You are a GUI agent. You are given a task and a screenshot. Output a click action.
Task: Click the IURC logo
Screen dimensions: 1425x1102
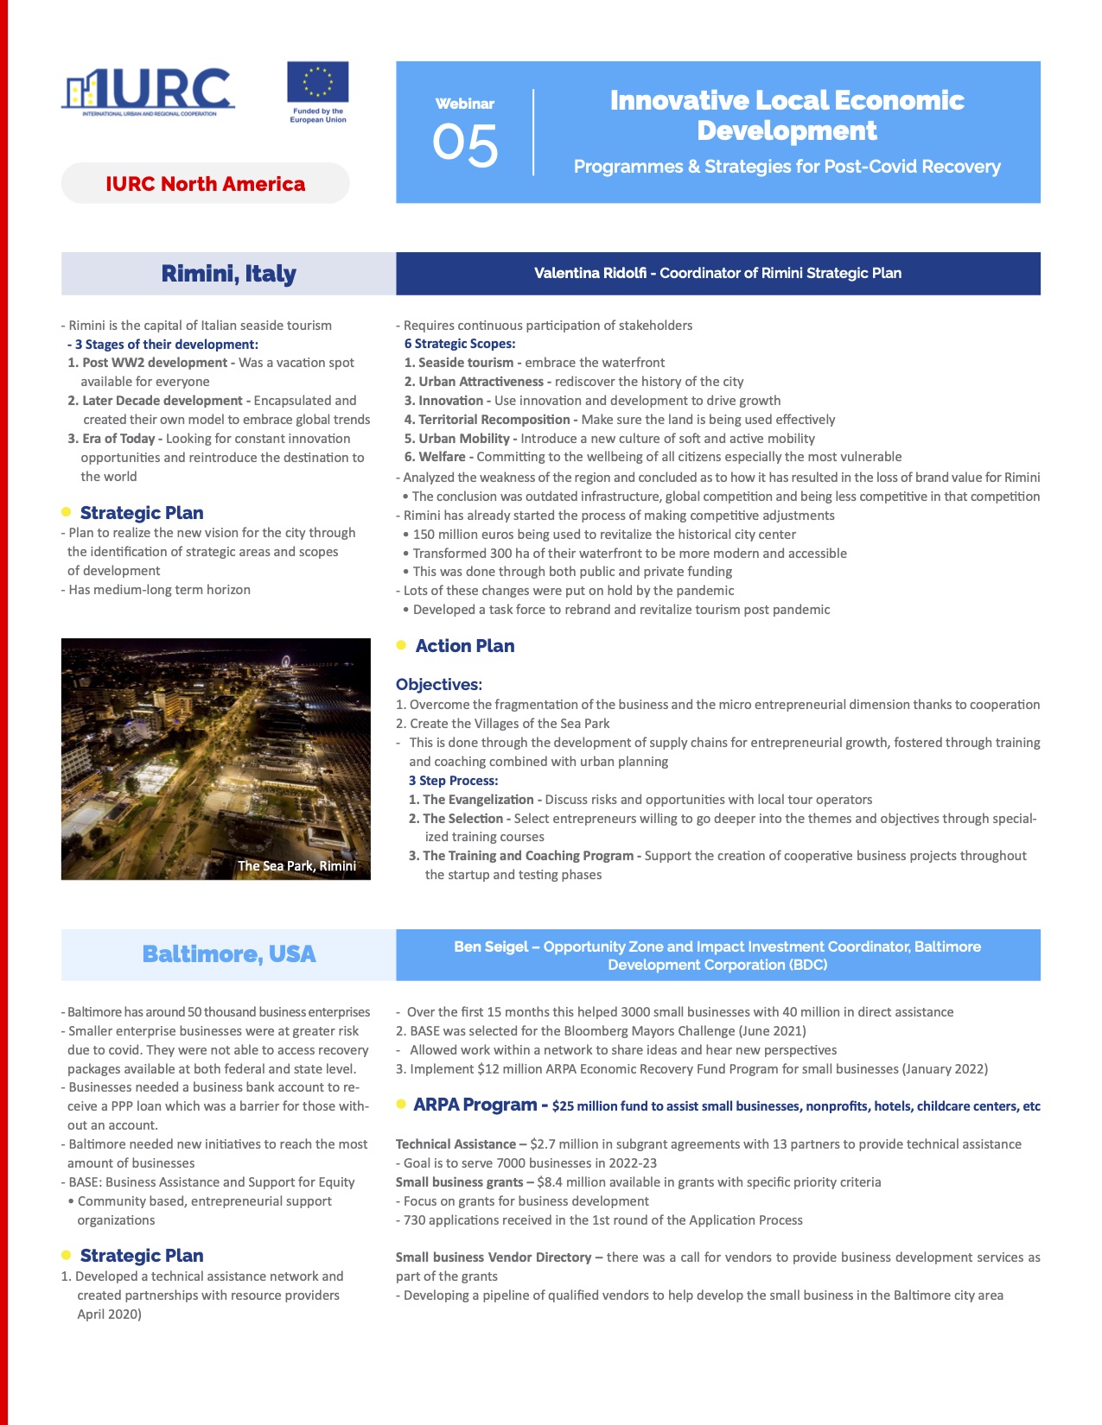(x=148, y=91)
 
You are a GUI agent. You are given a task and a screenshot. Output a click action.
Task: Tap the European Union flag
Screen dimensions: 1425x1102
(x=317, y=83)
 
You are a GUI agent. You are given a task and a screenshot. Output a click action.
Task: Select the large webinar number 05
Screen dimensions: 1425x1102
(x=465, y=145)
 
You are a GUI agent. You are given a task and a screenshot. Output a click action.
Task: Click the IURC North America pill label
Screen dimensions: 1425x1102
(x=205, y=184)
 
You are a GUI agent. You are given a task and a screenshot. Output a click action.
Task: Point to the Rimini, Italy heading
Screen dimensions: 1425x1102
(x=228, y=274)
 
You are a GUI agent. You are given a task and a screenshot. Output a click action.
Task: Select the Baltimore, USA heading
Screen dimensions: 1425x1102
(x=228, y=954)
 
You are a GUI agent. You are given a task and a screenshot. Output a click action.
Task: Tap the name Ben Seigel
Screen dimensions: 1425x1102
(x=490, y=947)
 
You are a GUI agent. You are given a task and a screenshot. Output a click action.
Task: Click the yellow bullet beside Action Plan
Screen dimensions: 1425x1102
(x=401, y=645)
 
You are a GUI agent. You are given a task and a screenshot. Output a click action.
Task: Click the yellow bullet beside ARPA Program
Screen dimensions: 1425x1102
(x=401, y=1104)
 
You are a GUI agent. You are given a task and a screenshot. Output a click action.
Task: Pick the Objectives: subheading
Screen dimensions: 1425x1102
(x=439, y=684)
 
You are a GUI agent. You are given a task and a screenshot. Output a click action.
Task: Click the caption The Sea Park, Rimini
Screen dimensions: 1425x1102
(x=296, y=865)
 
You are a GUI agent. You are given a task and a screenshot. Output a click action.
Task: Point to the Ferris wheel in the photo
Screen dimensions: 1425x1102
(x=285, y=662)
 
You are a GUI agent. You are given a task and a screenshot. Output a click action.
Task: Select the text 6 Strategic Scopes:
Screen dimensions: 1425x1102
(x=460, y=344)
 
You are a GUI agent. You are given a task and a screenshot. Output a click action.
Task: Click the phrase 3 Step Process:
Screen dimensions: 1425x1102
(x=453, y=781)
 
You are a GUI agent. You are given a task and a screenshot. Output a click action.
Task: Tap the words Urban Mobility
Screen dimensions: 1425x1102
(x=464, y=438)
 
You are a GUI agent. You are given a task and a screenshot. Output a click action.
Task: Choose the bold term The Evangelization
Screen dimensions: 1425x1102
(x=478, y=800)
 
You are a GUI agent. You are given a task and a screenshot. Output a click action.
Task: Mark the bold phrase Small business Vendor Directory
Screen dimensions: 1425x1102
(x=494, y=1257)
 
